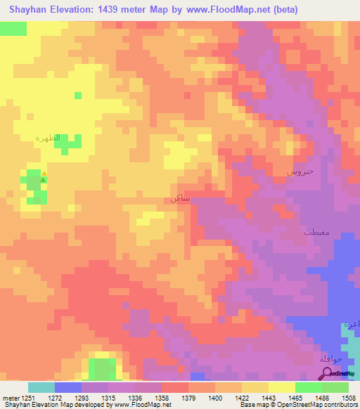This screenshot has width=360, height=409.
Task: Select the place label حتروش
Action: pyautogui.click(x=300, y=171)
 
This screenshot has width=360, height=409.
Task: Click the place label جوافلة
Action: pyautogui.click(x=330, y=359)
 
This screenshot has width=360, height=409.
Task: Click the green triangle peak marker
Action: pyautogui.click(x=43, y=180)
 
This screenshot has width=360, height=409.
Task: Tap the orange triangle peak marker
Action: pyautogui.click(x=44, y=173)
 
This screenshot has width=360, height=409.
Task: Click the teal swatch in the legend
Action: pyautogui.click(x=41, y=387)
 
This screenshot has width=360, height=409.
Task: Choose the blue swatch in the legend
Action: pyautogui.click(x=67, y=387)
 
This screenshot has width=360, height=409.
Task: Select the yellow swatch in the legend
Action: pyautogui.click(x=281, y=387)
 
